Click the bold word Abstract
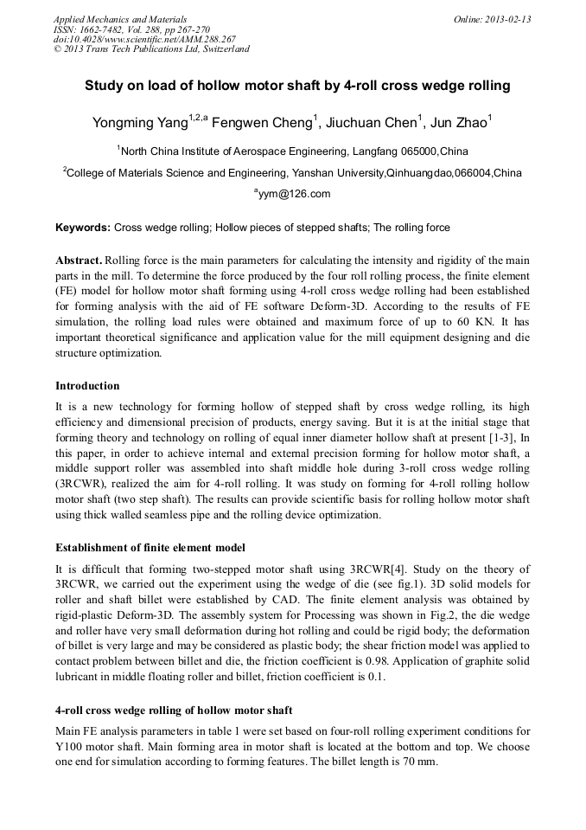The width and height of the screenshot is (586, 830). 79,261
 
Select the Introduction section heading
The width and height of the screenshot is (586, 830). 87,385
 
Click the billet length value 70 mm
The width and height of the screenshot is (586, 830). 423,762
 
